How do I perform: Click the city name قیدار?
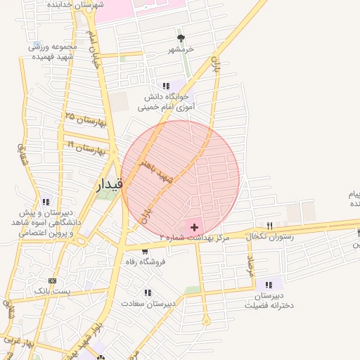click(x=109, y=184)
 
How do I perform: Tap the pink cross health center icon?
click(x=194, y=227)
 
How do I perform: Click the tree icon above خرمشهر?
click(x=181, y=38)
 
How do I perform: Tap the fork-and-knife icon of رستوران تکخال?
click(x=269, y=226)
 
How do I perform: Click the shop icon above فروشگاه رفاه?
click(x=145, y=251)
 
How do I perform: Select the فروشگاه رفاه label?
click(x=145, y=262)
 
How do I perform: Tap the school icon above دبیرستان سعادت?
click(x=148, y=292)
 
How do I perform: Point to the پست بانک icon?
click(x=51, y=281)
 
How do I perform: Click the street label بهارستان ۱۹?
click(x=85, y=146)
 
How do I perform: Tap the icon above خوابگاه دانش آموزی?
click(x=166, y=85)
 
